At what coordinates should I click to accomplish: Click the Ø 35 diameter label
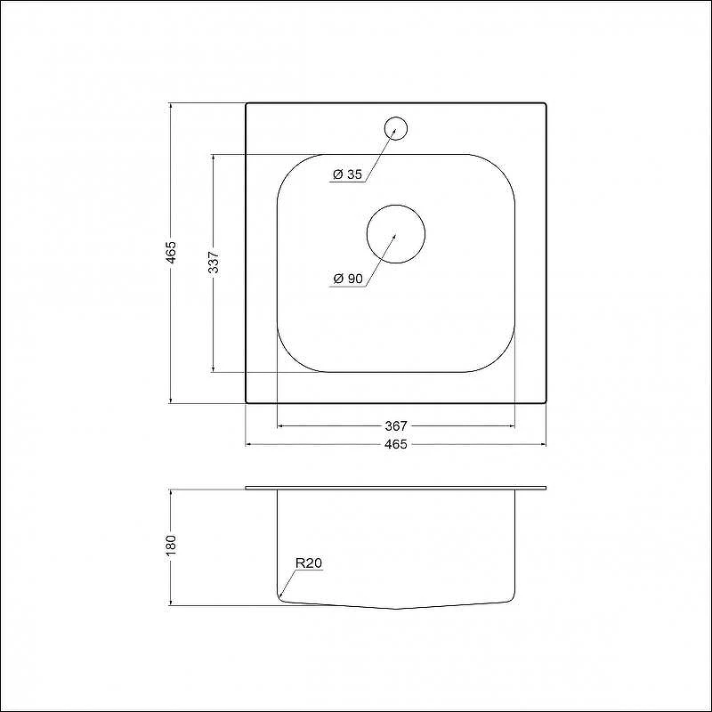(x=348, y=174)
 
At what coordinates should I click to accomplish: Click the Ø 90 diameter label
(x=348, y=279)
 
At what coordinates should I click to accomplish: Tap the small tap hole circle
(x=395, y=128)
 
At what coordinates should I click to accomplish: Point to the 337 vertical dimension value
(x=214, y=262)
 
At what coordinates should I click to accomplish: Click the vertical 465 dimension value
(x=171, y=253)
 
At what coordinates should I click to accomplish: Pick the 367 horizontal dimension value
(x=396, y=426)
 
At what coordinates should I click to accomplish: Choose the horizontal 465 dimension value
(x=396, y=444)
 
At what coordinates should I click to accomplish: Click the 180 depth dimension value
(x=171, y=546)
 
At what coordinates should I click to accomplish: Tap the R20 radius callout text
(x=309, y=563)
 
